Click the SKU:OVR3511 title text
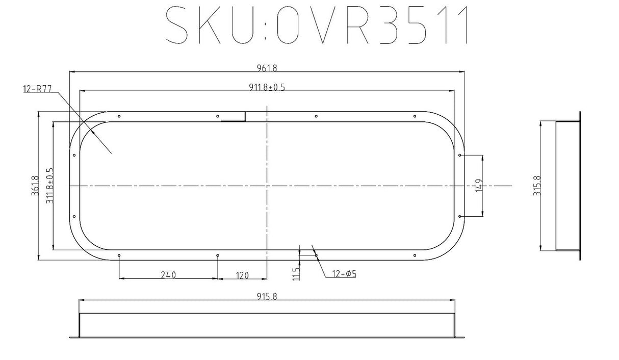(x=317, y=25)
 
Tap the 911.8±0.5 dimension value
(x=267, y=87)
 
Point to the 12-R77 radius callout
(x=38, y=89)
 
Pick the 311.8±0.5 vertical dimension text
(x=49, y=187)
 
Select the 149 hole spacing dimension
(x=478, y=187)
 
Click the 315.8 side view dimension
(x=537, y=186)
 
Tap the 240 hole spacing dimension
(x=168, y=275)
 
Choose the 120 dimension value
(x=242, y=275)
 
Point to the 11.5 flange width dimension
(x=296, y=273)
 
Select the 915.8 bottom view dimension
(x=267, y=296)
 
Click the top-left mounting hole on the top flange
(x=119, y=116)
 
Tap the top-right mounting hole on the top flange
(x=415, y=116)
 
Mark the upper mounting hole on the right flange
(x=460, y=155)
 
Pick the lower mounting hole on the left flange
(x=74, y=217)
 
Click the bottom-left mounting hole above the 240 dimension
(x=119, y=255)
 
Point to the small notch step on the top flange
(x=245, y=117)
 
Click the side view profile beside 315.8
(x=567, y=186)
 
